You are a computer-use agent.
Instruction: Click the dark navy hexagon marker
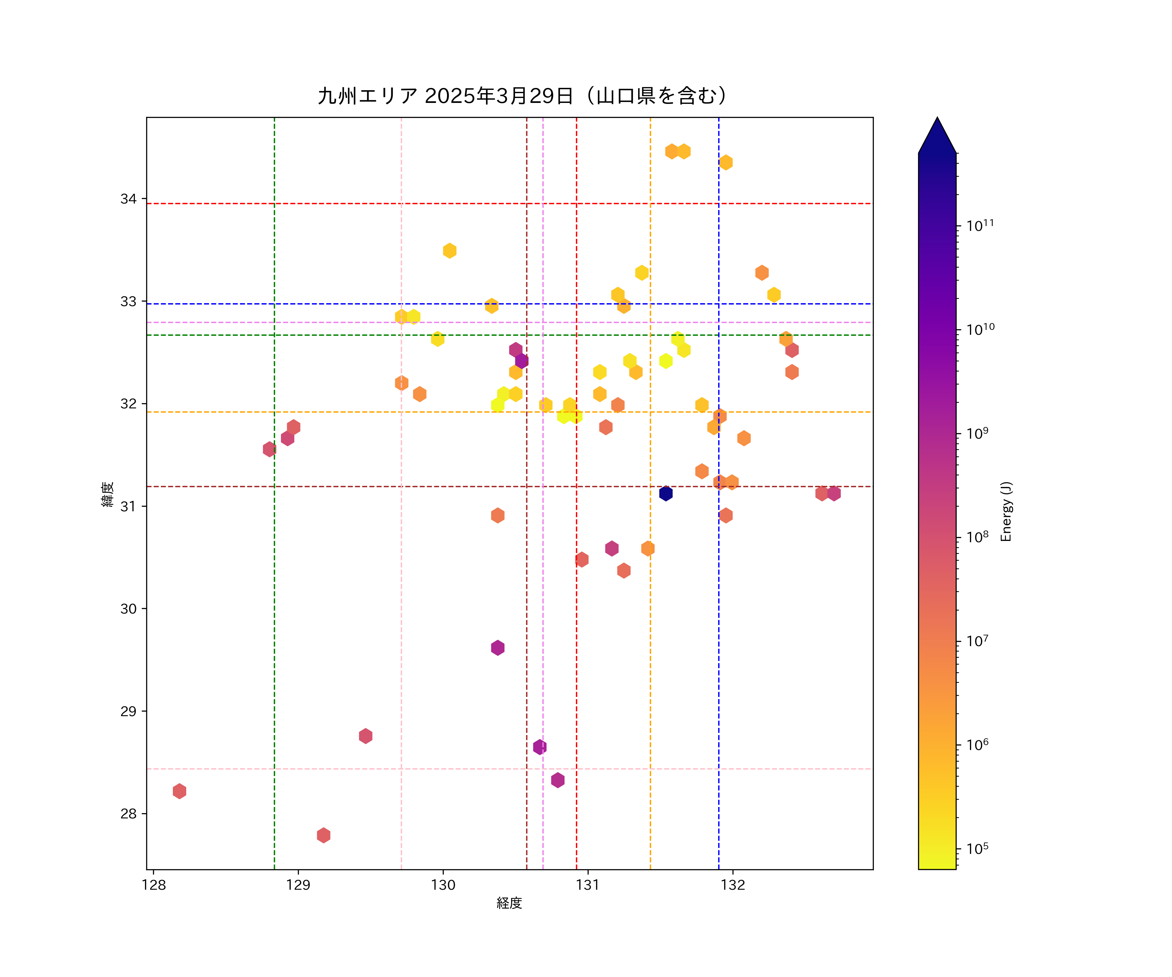tap(666, 493)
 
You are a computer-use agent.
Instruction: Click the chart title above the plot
tap(523, 96)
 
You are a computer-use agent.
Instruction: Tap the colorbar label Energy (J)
tap(1006, 511)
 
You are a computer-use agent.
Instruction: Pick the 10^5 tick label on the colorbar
tap(978, 849)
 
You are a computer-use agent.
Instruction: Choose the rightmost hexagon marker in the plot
tap(834, 493)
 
